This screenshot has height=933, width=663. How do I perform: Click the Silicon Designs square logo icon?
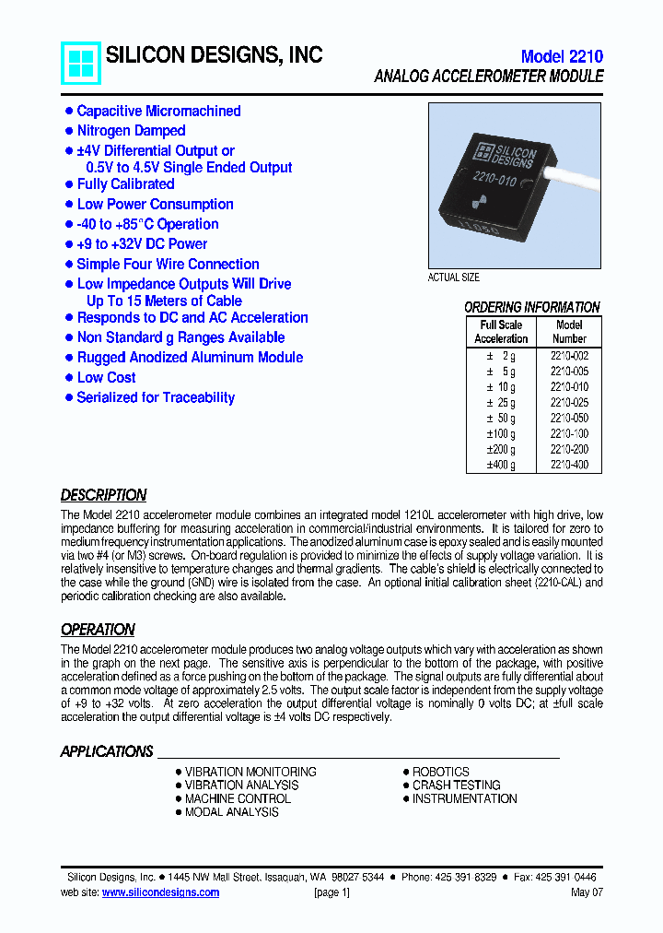coord(81,63)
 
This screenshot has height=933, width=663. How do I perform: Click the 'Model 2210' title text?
coord(561,56)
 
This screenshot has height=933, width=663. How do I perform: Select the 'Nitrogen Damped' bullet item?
coord(131,131)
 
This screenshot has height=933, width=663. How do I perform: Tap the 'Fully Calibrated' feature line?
coord(125,184)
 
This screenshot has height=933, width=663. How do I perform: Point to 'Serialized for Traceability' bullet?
coord(156,397)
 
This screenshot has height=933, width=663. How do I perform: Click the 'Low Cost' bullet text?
coord(107,377)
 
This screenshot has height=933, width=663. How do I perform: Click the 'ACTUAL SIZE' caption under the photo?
coord(454,278)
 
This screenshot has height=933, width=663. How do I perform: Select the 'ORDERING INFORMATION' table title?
coord(531,307)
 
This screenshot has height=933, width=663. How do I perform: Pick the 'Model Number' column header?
coord(569,332)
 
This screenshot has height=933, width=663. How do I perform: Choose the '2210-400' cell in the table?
coord(569,465)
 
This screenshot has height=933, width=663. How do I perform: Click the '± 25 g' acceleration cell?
coord(501,403)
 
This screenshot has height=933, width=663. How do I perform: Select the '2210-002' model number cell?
coord(569,355)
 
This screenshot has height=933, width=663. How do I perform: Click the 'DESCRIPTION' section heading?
coord(103,495)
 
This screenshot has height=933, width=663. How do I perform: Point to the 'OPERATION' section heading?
coord(98,630)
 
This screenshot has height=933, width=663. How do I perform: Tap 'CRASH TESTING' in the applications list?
coord(456,785)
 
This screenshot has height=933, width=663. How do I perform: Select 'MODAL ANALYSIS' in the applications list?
coord(231,812)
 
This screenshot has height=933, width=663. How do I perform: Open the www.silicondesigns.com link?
coord(160,892)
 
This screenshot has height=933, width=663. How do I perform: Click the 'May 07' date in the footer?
coord(587,892)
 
